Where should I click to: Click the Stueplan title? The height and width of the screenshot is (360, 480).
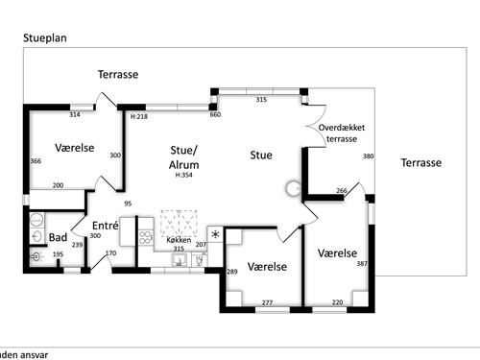pyautogui.click(x=45, y=38)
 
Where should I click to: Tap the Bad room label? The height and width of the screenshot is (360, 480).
pyautogui.click(x=58, y=237)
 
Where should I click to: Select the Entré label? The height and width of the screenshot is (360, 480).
pyautogui.click(x=106, y=226)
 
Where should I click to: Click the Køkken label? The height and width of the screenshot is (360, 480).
pyautogui.click(x=179, y=240)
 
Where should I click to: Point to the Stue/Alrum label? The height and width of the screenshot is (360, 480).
pyautogui.click(x=183, y=157)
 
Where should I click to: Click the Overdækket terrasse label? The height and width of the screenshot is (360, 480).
pyautogui.click(x=342, y=133)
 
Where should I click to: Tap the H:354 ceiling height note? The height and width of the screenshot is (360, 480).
pyautogui.click(x=183, y=175)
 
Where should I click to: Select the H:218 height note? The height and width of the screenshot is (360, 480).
pyautogui.click(x=139, y=116)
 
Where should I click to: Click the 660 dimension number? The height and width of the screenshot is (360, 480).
pyautogui.click(x=215, y=114)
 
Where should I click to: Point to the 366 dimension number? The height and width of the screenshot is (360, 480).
pyautogui.click(x=36, y=161)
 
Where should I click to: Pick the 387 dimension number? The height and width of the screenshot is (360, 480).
pyautogui.click(x=362, y=264)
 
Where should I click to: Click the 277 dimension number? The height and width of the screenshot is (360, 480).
pyautogui.click(x=267, y=302)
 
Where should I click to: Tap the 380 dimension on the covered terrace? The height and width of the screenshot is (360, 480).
pyautogui.click(x=368, y=156)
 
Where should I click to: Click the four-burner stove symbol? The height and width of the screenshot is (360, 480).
pyautogui.click(x=145, y=237)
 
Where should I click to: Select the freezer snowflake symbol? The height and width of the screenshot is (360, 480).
pyautogui.click(x=215, y=234)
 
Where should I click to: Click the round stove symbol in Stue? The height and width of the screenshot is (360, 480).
pyautogui.click(x=293, y=188)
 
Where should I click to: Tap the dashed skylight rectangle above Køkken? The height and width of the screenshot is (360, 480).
pyautogui.click(x=179, y=223)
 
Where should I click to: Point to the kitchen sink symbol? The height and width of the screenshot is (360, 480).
pyautogui.click(x=180, y=259)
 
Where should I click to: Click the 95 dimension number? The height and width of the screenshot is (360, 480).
pyautogui.click(x=128, y=204)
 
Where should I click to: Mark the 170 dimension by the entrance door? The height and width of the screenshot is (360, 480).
pyautogui.click(x=111, y=253)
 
